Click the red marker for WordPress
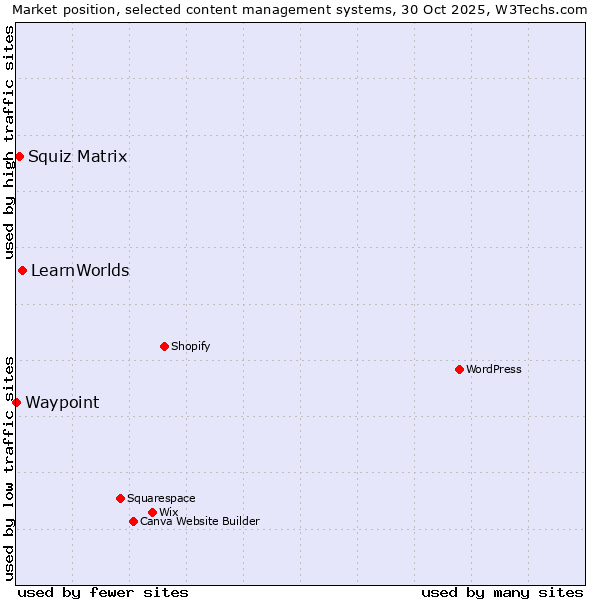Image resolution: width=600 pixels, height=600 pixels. tap(459, 369)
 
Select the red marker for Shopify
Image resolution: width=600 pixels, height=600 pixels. tap(164, 346)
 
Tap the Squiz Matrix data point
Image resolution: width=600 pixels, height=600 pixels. tap(19, 156)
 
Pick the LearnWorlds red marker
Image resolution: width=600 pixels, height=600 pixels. tap(22, 270)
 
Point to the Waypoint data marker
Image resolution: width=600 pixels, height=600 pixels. tap(16, 402)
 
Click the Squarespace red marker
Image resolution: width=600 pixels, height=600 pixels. tap(120, 498)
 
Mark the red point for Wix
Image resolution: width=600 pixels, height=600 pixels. tap(152, 512)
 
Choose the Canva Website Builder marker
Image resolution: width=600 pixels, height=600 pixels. tap(133, 521)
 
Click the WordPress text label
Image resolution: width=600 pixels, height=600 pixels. tap(494, 369)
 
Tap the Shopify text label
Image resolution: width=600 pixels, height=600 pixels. tap(191, 346)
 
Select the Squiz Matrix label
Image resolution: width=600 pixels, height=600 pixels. tap(78, 156)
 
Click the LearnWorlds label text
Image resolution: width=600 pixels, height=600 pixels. tap(80, 270)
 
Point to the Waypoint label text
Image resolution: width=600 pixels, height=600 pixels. tap(62, 402)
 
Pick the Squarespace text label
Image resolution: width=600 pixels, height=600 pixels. tap(161, 498)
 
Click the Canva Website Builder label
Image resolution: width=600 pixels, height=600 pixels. tap(200, 521)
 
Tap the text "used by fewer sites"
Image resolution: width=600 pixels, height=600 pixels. tap(103, 592)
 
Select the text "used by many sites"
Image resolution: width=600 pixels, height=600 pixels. tap(502, 592)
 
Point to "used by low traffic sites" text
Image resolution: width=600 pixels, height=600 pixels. tap(9, 467)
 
